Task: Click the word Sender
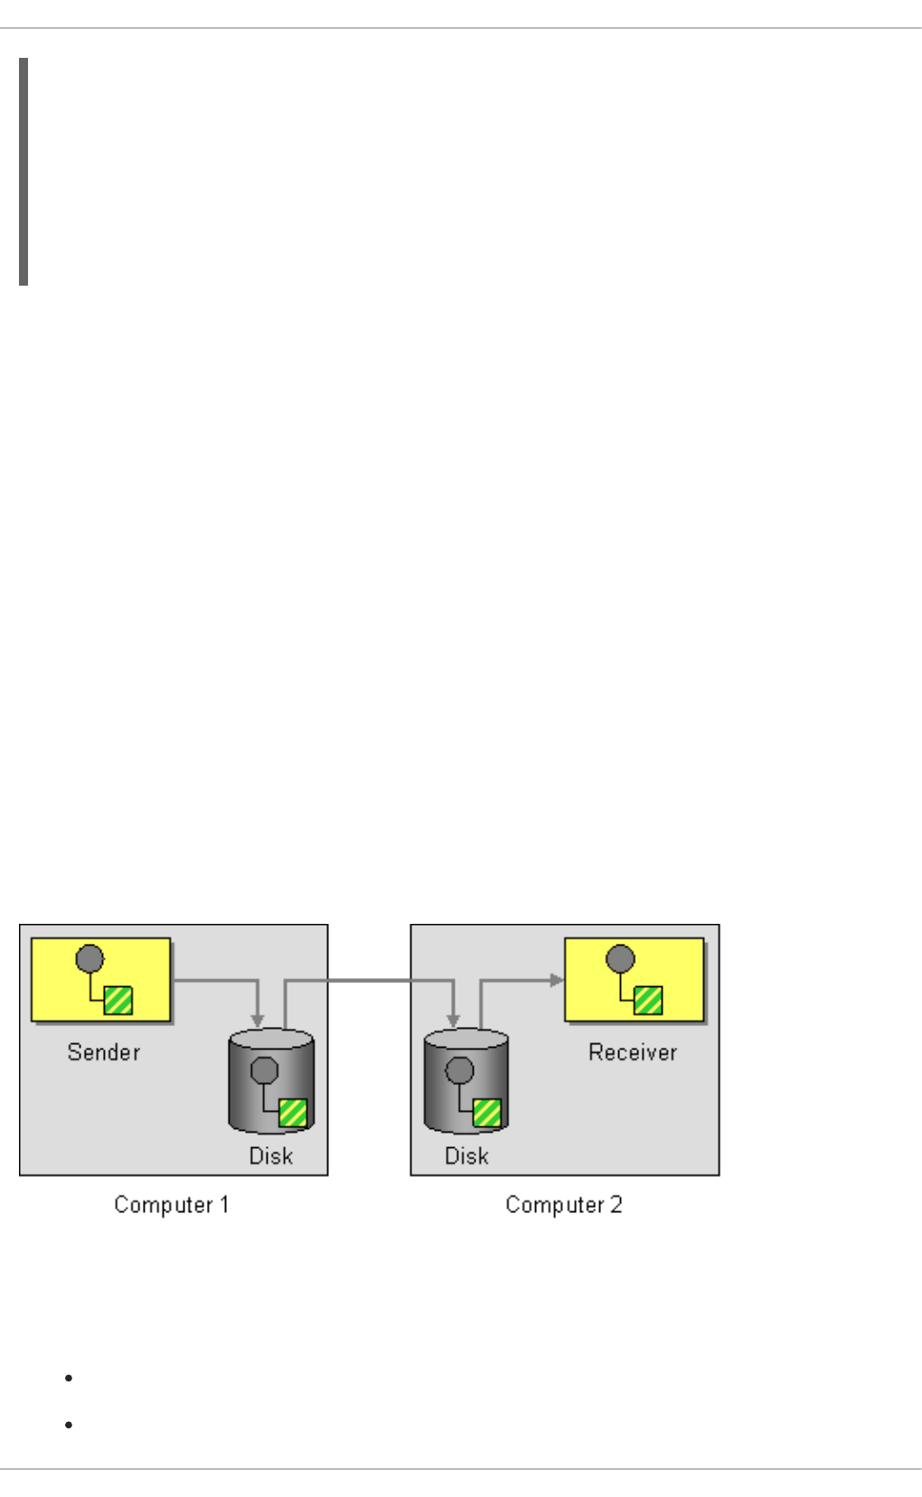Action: (x=104, y=1052)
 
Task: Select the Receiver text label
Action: (x=633, y=1052)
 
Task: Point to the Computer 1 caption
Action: (x=172, y=1205)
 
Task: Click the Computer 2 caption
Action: (x=564, y=1205)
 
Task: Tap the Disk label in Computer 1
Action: (x=271, y=1156)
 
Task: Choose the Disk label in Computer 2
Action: (x=466, y=1156)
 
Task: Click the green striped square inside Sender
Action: (x=118, y=1001)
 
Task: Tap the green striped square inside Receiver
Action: (x=648, y=1001)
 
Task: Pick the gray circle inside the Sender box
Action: (x=89, y=958)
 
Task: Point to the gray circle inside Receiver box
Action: (x=620, y=958)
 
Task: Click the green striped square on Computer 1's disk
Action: (x=293, y=1113)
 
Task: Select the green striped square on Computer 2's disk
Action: (x=487, y=1113)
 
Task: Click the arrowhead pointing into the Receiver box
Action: (x=557, y=980)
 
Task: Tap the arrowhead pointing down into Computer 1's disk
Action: (x=258, y=1021)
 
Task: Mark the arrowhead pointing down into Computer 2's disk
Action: (x=453, y=1021)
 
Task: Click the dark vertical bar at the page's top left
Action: (x=24, y=172)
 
